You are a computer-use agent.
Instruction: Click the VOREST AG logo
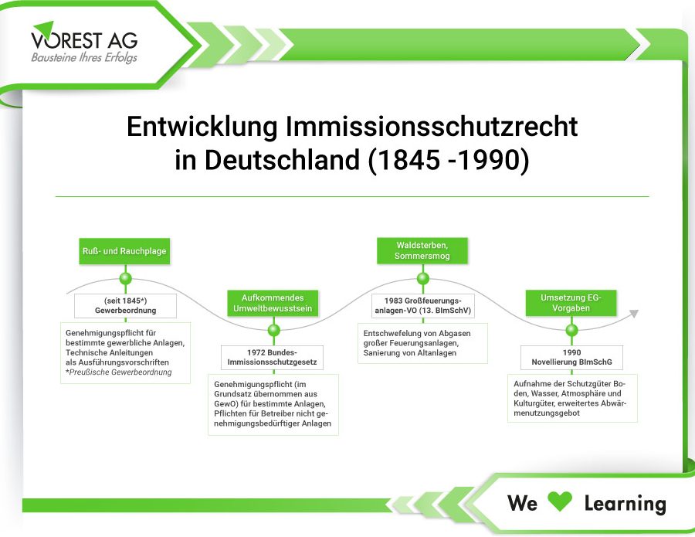(x=84, y=42)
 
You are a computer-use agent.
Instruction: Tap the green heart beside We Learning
(x=560, y=501)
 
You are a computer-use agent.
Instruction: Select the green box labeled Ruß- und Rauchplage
(x=124, y=251)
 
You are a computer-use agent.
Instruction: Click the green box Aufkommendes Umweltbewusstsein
(x=273, y=303)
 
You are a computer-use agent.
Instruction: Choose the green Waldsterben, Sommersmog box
(x=422, y=250)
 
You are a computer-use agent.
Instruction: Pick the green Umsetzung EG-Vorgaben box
(x=571, y=303)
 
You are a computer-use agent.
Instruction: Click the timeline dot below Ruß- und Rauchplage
(x=125, y=278)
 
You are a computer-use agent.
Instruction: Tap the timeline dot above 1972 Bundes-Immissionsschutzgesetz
(x=274, y=330)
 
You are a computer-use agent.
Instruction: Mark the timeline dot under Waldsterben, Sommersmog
(x=423, y=278)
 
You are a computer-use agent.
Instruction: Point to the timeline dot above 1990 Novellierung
(x=571, y=330)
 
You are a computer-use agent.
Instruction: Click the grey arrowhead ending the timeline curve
(x=634, y=314)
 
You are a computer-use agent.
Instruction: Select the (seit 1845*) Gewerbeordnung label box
(x=125, y=305)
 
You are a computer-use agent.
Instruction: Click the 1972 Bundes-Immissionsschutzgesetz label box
(x=272, y=358)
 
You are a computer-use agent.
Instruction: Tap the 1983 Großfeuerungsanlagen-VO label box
(x=423, y=305)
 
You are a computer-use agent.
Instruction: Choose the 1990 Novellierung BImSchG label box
(x=571, y=358)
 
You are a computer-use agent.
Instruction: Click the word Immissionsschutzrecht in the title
(x=431, y=127)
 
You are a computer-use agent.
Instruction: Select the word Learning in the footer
(x=625, y=504)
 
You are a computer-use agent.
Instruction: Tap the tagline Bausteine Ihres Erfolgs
(x=84, y=58)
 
